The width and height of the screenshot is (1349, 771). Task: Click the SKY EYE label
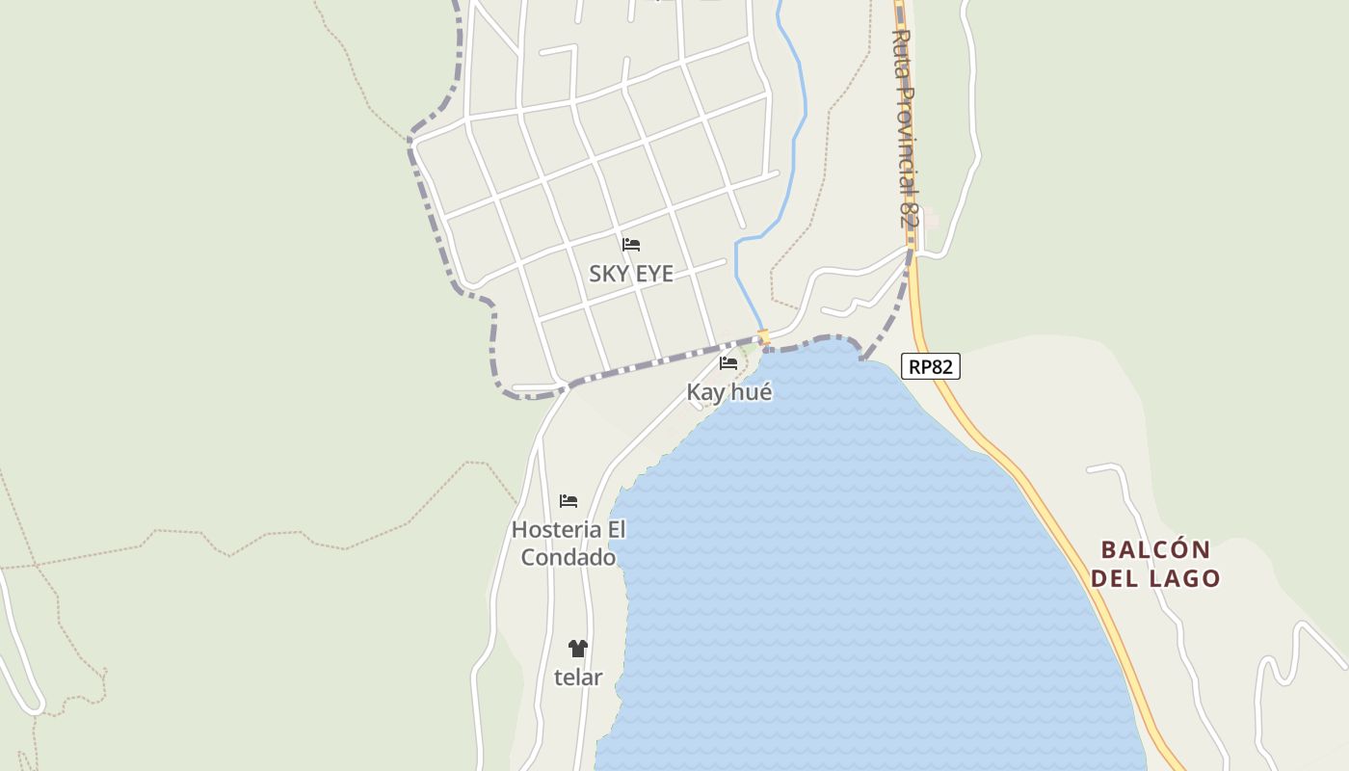631,274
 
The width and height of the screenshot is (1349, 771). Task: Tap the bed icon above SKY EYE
631,245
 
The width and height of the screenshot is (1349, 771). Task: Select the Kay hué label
729,392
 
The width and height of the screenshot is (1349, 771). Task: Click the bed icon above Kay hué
728,363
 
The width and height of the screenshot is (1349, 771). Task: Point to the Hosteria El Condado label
569,544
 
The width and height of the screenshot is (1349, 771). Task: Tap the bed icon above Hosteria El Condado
569,501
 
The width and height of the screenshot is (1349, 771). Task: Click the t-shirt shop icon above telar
578,649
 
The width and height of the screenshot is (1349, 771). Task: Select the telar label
578,678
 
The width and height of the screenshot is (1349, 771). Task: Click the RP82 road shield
931,366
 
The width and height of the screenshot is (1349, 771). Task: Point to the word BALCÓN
1155,550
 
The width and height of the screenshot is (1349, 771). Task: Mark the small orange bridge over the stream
763,337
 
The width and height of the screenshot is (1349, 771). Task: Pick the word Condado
569,558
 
